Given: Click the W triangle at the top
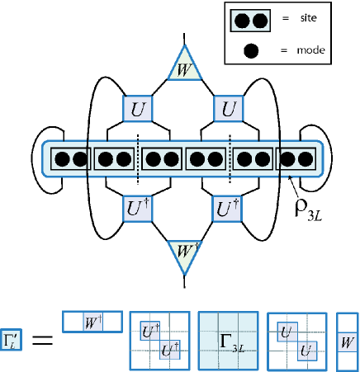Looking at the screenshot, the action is tap(185, 67).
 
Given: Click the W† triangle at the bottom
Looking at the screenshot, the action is tap(185, 254).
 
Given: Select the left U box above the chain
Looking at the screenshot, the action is tap(137, 109).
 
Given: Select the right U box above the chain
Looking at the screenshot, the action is tap(229, 109).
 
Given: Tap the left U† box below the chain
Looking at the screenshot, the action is tap(137, 209).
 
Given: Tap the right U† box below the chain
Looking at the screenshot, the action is tap(227, 209).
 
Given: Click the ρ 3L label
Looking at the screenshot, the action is tap(308, 210).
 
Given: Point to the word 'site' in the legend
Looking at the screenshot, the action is tap(308, 18).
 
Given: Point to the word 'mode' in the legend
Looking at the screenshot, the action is tap(310, 50).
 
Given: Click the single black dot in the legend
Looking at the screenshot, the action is tap(251, 51).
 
